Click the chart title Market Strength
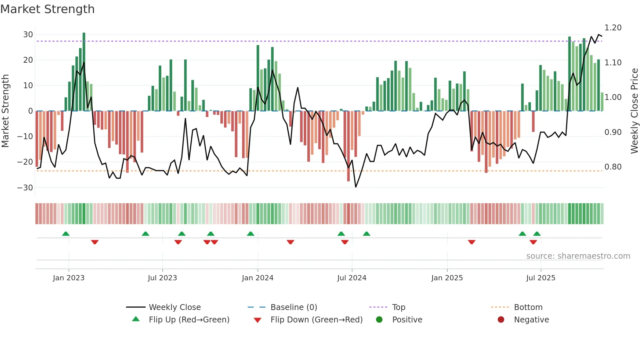47,9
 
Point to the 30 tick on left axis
28,35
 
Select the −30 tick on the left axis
25,188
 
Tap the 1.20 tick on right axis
613,28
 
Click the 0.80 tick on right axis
613,167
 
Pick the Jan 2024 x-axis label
258,278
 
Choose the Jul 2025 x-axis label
541,278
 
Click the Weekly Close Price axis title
634,111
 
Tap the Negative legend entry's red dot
501,319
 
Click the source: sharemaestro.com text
578,256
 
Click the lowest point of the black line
356,187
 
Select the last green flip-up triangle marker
537,234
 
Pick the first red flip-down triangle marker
95,242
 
